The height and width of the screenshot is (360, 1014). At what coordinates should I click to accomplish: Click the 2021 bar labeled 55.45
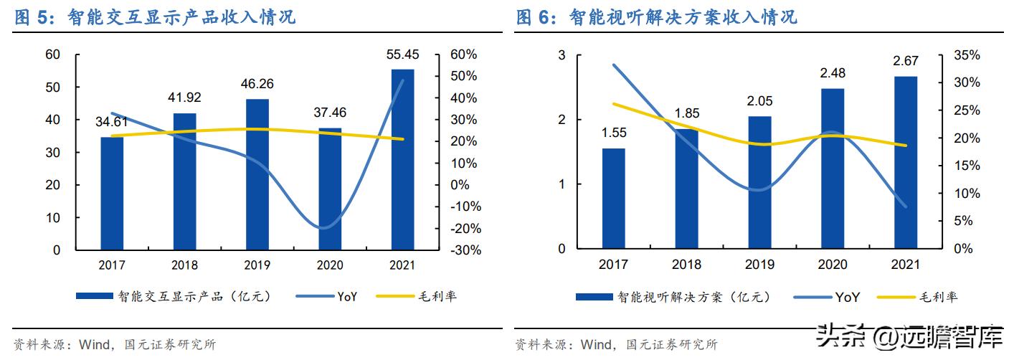pos(402,159)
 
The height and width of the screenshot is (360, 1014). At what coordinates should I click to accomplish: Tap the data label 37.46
pos(329,112)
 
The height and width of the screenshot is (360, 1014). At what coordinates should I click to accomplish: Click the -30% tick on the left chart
pos(465,250)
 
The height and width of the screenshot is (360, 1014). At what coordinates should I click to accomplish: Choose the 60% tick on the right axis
pos(463,55)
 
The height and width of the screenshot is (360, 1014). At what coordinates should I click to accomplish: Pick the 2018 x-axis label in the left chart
pos(184,265)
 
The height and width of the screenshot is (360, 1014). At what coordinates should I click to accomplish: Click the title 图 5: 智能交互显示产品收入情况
pos(155,17)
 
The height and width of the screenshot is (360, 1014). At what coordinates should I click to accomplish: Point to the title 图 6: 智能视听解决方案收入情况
pos(656,17)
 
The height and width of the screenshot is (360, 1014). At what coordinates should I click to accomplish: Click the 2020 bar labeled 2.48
pos(832,169)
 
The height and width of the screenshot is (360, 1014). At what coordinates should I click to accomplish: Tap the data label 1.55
pos(613,132)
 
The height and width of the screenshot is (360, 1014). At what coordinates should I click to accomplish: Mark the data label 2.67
pos(905,60)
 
